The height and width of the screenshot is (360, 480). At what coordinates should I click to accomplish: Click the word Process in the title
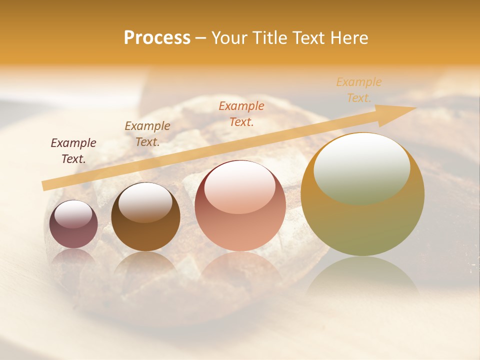(x=157, y=38)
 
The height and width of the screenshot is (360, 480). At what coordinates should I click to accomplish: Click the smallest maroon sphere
(x=73, y=224)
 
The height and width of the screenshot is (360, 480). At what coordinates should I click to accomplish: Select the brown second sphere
(x=145, y=216)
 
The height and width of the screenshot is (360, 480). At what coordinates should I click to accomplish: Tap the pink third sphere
(x=240, y=205)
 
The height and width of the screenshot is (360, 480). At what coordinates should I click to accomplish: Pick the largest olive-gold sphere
(x=362, y=194)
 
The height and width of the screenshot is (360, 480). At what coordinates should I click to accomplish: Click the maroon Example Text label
(x=73, y=150)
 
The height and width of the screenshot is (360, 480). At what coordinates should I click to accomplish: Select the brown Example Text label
(x=147, y=133)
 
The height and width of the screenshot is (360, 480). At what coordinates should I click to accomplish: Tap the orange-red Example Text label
(x=241, y=113)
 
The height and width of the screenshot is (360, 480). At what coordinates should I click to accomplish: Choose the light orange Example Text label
(x=359, y=89)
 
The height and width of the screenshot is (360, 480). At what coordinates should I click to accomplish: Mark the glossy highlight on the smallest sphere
(x=73, y=214)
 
